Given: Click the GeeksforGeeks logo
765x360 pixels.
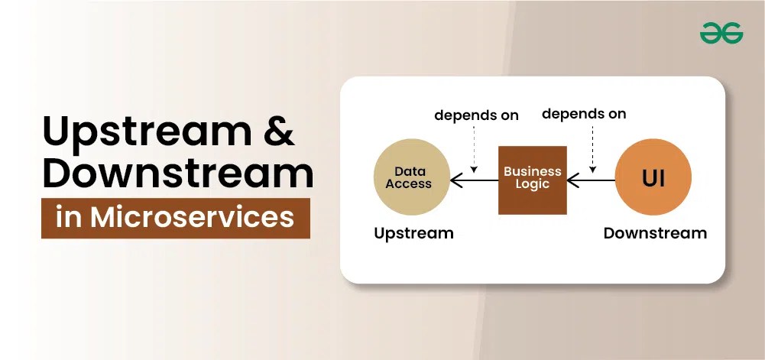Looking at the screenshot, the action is coord(721,32).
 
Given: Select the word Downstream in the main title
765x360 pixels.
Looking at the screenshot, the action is coord(177,174).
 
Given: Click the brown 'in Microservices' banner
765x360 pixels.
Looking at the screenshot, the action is coord(176,218).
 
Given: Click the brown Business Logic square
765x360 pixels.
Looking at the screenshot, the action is coord(533,180).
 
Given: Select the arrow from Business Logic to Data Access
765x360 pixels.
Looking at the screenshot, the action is coord(474,180).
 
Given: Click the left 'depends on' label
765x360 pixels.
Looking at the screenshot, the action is coord(476,116).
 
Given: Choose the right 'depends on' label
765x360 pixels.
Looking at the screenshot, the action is coord(584,115).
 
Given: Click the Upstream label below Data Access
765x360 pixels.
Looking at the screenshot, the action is coord(413,233).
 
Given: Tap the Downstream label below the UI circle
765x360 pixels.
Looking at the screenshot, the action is coord(655,233).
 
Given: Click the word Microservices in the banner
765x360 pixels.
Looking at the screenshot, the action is coord(192,218).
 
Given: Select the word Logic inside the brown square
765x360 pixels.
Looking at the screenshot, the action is coord(533,185).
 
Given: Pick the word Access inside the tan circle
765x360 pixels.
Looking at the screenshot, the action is coord(409,184).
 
